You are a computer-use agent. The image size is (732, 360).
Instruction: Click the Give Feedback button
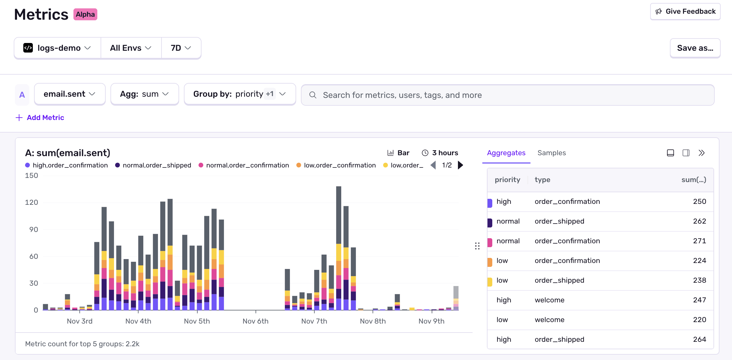coord(685,12)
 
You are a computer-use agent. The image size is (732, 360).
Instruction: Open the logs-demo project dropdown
coord(57,48)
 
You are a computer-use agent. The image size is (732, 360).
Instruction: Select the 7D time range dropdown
coord(181,48)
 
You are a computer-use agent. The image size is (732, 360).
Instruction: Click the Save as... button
coord(695,48)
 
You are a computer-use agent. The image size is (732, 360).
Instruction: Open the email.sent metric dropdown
coord(70,94)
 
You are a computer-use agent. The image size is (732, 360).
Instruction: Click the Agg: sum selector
coord(144,94)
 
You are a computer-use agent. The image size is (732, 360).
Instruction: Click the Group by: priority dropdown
coord(240,94)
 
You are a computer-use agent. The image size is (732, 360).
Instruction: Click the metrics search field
coord(508,95)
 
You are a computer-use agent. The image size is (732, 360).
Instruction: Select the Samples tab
coord(551,153)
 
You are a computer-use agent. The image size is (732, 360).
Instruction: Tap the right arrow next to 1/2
coord(461,165)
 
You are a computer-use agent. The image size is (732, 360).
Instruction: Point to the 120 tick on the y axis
coord(32,202)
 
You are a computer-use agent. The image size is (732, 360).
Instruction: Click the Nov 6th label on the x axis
coord(255,321)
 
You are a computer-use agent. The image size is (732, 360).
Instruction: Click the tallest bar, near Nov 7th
coord(339,215)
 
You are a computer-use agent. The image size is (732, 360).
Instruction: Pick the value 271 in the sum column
coord(699,241)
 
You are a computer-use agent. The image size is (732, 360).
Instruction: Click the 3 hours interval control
coord(440,153)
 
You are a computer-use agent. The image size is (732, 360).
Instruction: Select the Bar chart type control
coord(398,153)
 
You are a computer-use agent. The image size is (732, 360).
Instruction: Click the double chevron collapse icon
coord(702,153)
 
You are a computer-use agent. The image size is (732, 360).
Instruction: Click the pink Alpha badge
coord(85,14)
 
